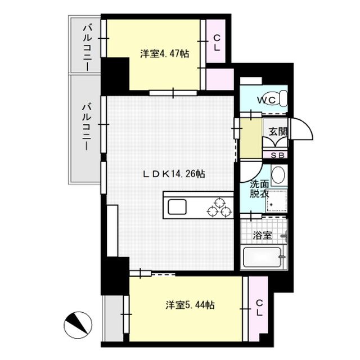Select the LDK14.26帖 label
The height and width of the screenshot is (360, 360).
pos(172,174)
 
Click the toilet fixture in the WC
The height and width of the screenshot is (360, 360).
pos(280,100)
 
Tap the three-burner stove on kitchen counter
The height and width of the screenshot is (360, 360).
pos(219,205)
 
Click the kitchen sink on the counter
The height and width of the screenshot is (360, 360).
pos(177,206)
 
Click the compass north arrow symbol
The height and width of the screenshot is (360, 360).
pos(78,325)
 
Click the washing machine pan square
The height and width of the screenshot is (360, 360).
pos(276,200)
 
